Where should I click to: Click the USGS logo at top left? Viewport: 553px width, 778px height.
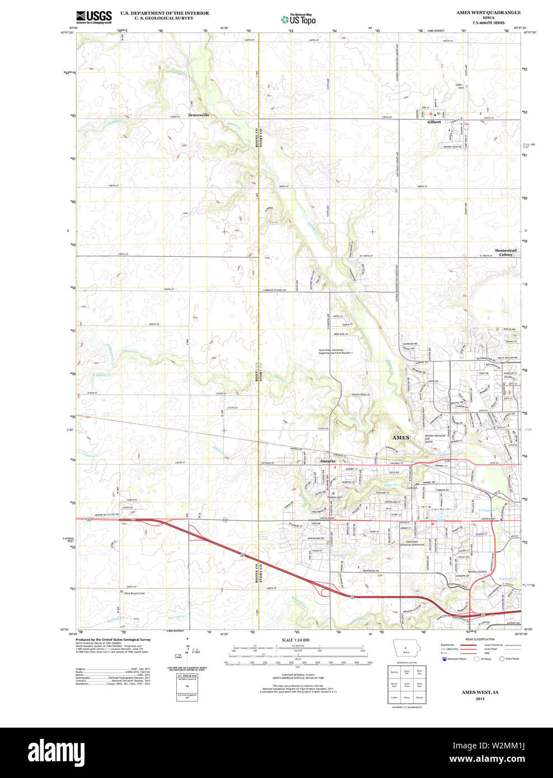(x=93, y=17)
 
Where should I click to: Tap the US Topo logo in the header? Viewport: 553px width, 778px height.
(x=299, y=19)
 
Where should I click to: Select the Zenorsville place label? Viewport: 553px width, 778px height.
(x=199, y=115)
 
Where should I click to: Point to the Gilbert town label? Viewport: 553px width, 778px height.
(x=434, y=121)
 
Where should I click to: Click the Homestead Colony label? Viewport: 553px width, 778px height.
(x=505, y=252)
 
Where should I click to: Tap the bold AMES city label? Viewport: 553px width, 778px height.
(x=400, y=437)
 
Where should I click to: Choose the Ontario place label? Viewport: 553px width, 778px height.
(x=327, y=461)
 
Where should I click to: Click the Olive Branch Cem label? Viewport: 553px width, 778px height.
(x=134, y=593)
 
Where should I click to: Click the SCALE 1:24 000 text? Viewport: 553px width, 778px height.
(x=295, y=640)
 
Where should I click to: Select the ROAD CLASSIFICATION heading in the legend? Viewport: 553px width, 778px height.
(x=476, y=639)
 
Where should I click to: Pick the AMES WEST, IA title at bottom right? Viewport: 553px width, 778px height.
(x=480, y=692)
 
